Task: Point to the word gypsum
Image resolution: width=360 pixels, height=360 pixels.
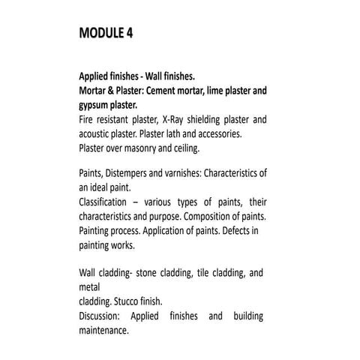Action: click(x=94, y=106)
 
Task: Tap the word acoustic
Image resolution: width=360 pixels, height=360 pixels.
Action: click(x=96, y=134)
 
